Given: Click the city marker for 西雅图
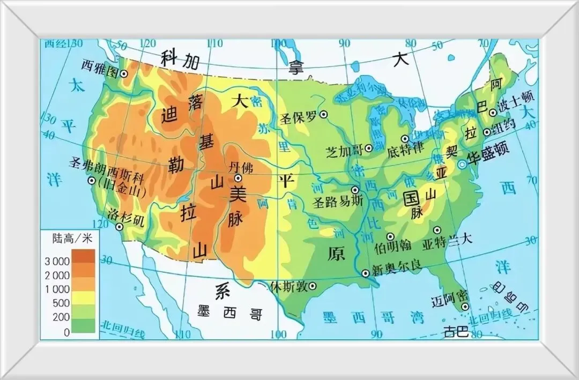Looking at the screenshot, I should pyautogui.click(x=124, y=74).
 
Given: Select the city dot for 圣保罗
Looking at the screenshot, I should pyautogui.click(x=324, y=114).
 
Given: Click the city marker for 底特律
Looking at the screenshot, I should pyautogui.click(x=405, y=138).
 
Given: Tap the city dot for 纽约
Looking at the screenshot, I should pyautogui.click(x=487, y=132).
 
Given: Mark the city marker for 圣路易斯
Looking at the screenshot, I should pyautogui.click(x=354, y=190).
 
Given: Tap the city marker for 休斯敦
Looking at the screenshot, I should pyautogui.click(x=313, y=286).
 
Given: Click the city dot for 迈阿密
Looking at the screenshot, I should pyautogui.click(x=464, y=307).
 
